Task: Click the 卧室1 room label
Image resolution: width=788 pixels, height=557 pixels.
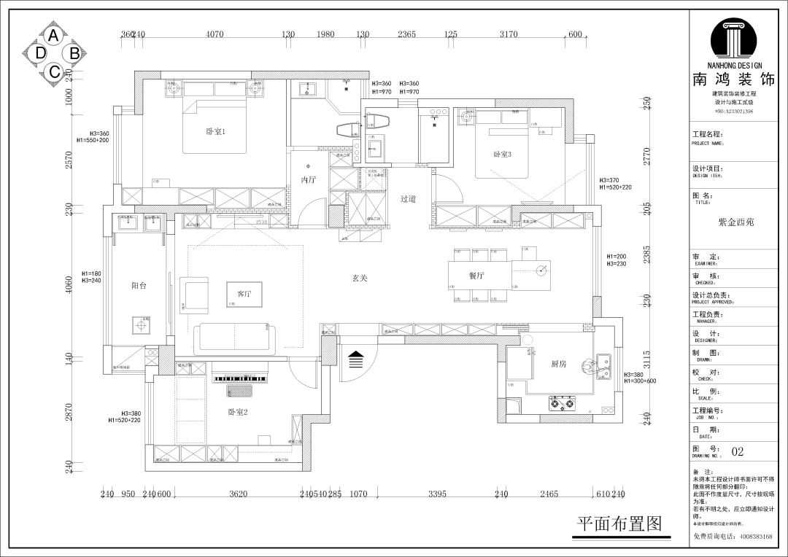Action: (x=216, y=131)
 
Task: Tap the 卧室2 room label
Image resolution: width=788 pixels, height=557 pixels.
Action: (x=238, y=412)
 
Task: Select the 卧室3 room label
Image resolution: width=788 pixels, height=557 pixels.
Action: (x=502, y=154)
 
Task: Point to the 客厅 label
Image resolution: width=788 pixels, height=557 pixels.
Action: (x=244, y=295)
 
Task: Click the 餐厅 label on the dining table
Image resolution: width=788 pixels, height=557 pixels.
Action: (x=476, y=276)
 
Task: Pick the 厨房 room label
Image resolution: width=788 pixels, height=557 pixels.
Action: (x=558, y=364)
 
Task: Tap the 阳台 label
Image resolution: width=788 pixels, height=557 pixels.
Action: (x=139, y=286)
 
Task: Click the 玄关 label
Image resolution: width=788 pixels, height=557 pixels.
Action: (x=359, y=278)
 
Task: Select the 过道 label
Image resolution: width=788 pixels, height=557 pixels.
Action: (x=408, y=198)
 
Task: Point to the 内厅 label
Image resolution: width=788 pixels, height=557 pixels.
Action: (x=309, y=180)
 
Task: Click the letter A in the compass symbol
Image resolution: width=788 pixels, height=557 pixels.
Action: (x=53, y=34)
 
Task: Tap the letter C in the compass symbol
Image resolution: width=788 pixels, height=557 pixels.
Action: (x=53, y=71)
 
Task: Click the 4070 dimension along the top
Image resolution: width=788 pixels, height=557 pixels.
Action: (x=215, y=34)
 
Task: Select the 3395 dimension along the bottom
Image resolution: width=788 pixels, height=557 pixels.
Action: (x=436, y=494)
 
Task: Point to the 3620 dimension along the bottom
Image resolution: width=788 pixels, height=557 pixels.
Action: (x=238, y=494)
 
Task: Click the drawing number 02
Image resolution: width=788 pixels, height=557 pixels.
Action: (x=738, y=452)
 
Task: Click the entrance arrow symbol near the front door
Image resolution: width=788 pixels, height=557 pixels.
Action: (x=356, y=359)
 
